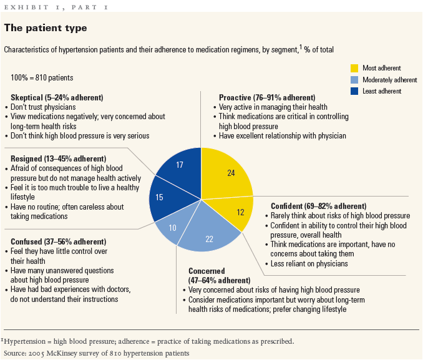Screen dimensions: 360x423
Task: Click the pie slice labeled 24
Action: (x=227, y=172)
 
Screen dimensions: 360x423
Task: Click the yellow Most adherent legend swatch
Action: (x=354, y=68)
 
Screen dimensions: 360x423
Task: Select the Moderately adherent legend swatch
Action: (x=354, y=80)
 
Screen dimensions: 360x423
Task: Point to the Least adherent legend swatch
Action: (x=354, y=91)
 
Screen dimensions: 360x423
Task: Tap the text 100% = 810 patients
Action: (x=42, y=78)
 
